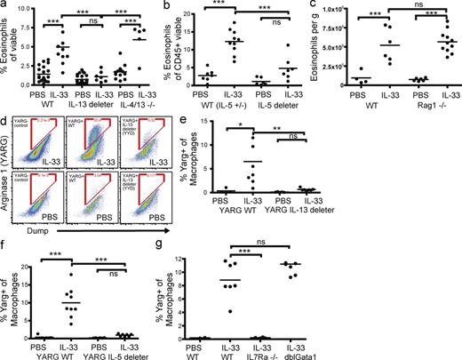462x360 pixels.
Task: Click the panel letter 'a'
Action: [x=5, y=8]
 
